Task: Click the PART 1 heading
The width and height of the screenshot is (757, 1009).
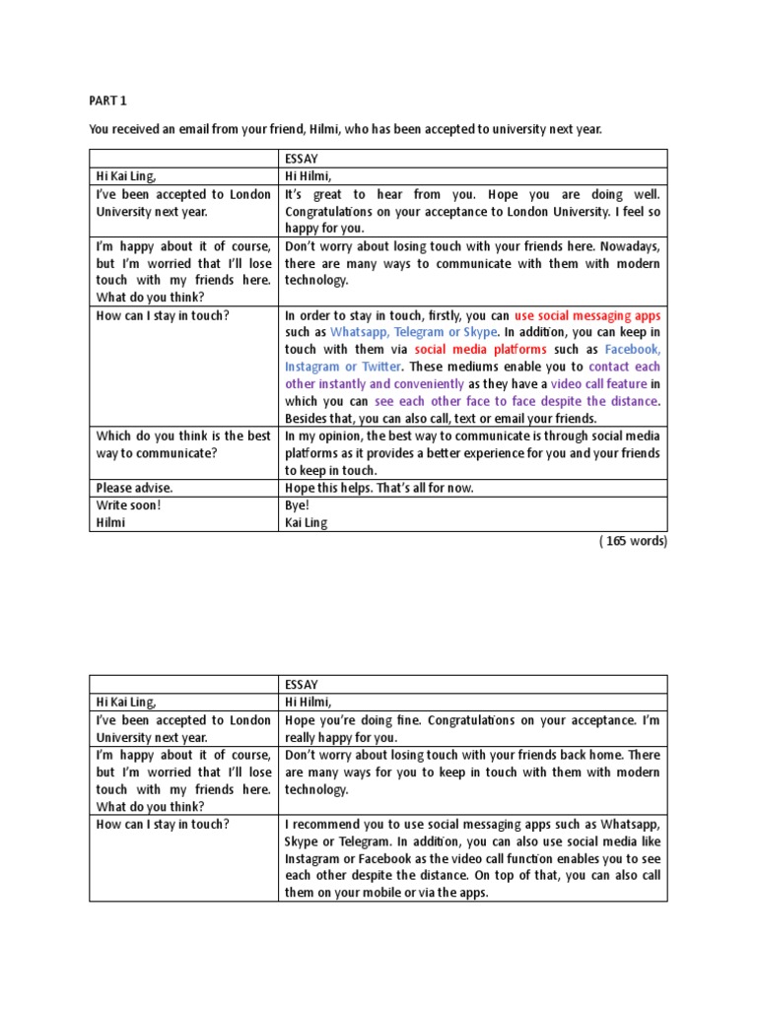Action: [108, 99]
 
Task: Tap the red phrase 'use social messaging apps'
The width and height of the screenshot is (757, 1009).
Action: [587, 316]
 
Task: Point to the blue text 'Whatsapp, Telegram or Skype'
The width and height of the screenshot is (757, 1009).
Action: [414, 333]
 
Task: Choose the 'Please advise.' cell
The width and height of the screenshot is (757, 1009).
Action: [133, 488]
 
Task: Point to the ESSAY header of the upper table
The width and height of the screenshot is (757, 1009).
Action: [302, 158]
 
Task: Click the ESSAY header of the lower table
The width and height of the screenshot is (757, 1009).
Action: [302, 684]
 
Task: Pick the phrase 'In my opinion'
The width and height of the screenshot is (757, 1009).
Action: [326, 436]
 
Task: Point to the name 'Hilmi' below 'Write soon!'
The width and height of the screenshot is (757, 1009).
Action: [111, 523]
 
